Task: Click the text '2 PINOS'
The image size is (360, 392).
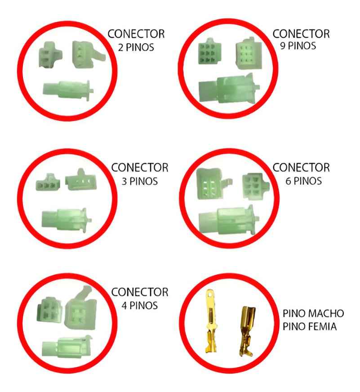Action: tap(135, 47)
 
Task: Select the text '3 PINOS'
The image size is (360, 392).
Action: tap(140, 181)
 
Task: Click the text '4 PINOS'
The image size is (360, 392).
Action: tap(140, 305)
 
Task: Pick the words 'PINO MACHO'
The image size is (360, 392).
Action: tap(314, 313)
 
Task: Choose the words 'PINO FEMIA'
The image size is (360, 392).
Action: tap(310, 326)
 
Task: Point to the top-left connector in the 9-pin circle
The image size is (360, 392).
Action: tap(208, 57)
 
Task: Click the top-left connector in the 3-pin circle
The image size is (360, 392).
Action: tap(47, 185)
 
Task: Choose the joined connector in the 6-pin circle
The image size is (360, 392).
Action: tap(229, 220)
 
